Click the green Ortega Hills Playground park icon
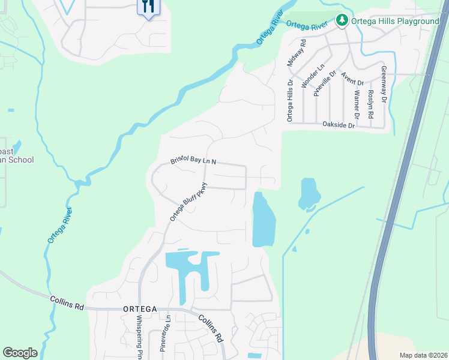click(x=342, y=21)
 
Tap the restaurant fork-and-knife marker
click(x=148, y=7)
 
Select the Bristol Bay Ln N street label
click(x=193, y=161)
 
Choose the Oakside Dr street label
click(x=339, y=125)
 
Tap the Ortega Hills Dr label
click(x=290, y=101)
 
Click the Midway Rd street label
click(x=298, y=53)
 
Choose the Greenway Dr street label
click(x=384, y=83)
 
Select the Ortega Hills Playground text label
click(x=396, y=22)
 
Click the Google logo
click(x=20, y=353)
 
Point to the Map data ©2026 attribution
click(x=423, y=355)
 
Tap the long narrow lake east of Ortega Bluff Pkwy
click(x=263, y=221)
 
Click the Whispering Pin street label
click(x=139, y=337)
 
